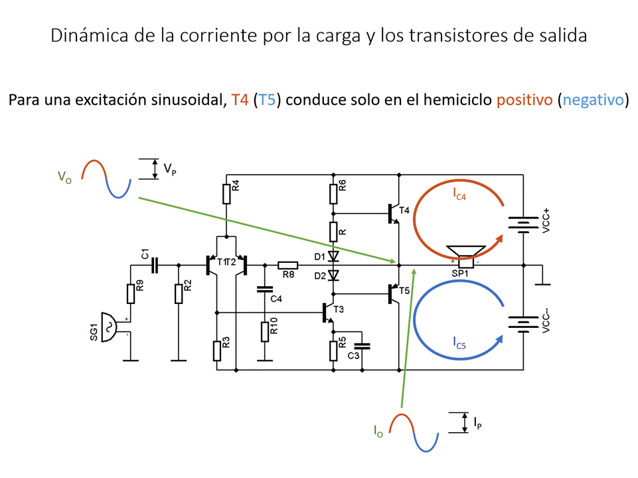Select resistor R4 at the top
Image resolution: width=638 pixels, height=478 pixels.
point(226,193)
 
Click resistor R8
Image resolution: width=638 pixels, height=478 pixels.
point(288,266)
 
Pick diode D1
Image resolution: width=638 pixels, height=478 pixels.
point(334,256)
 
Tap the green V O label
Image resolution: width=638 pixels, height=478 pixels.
point(64,177)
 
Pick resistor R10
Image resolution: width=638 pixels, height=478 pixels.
point(265,330)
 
